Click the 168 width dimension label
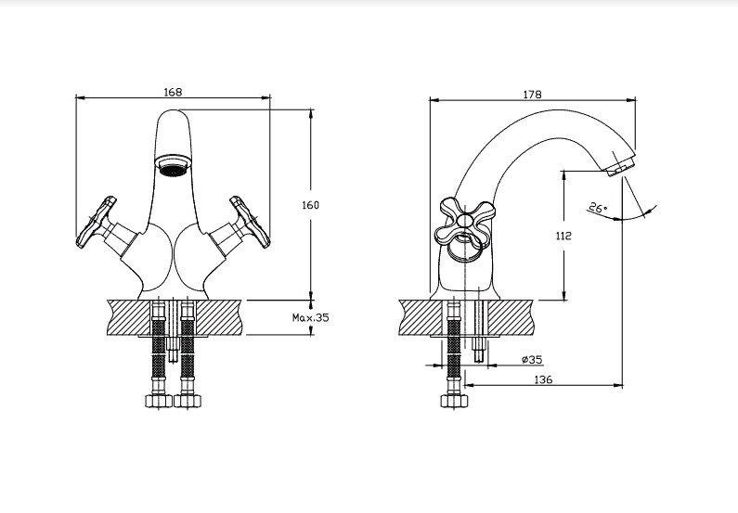click(173, 92)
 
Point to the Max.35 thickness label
click(311, 317)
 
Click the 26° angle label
click(598, 209)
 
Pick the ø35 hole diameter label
click(532, 359)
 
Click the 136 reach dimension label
click(544, 380)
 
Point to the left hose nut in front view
click(156, 402)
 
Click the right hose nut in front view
click(189, 402)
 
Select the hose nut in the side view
click(454, 402)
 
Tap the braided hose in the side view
click(454, 357)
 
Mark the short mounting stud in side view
click(480, 350)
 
